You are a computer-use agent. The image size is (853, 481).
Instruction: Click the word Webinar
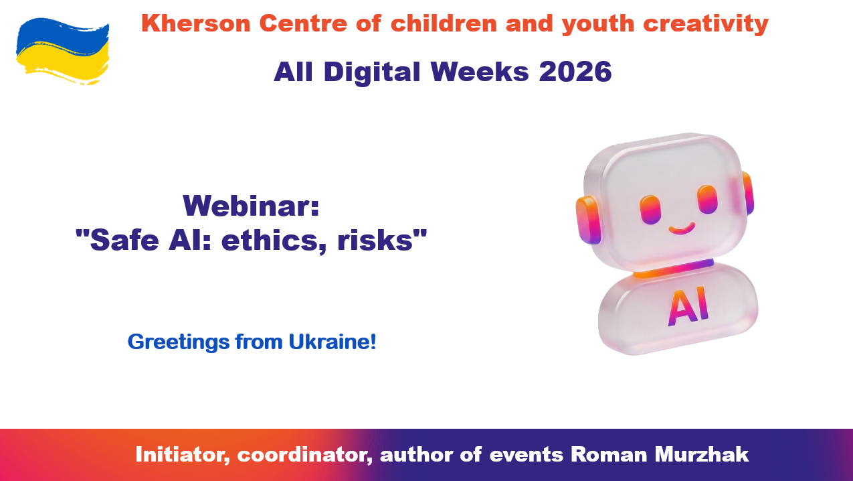(251, 206)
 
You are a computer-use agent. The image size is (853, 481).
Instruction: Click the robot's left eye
(650, 209)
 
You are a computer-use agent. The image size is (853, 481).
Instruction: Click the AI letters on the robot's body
(689, 307)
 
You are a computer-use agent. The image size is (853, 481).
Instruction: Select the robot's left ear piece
(589, 220)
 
